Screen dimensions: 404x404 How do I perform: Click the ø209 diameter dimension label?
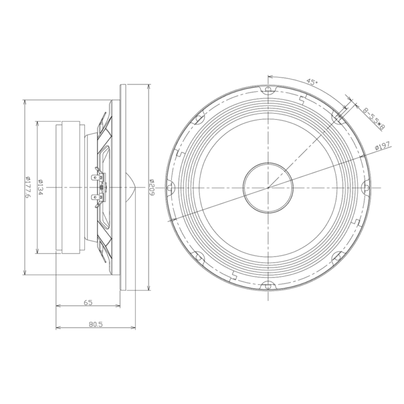click(x=151, y=187)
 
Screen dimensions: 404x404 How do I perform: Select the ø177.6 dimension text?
click(x=28, y=187)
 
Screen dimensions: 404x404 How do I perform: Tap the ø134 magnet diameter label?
click(x=40, y=187)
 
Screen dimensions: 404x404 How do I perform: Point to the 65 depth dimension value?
click(x=88, y=302)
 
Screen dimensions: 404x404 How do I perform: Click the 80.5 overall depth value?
click(x=95, y=324)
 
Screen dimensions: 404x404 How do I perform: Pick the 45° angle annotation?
click(x=312, y=82)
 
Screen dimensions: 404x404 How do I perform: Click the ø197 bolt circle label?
click(x=382, y=145)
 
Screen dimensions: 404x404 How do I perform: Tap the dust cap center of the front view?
click(x=268, y=188)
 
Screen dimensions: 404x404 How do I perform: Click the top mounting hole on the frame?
click(x=268, y=89)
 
